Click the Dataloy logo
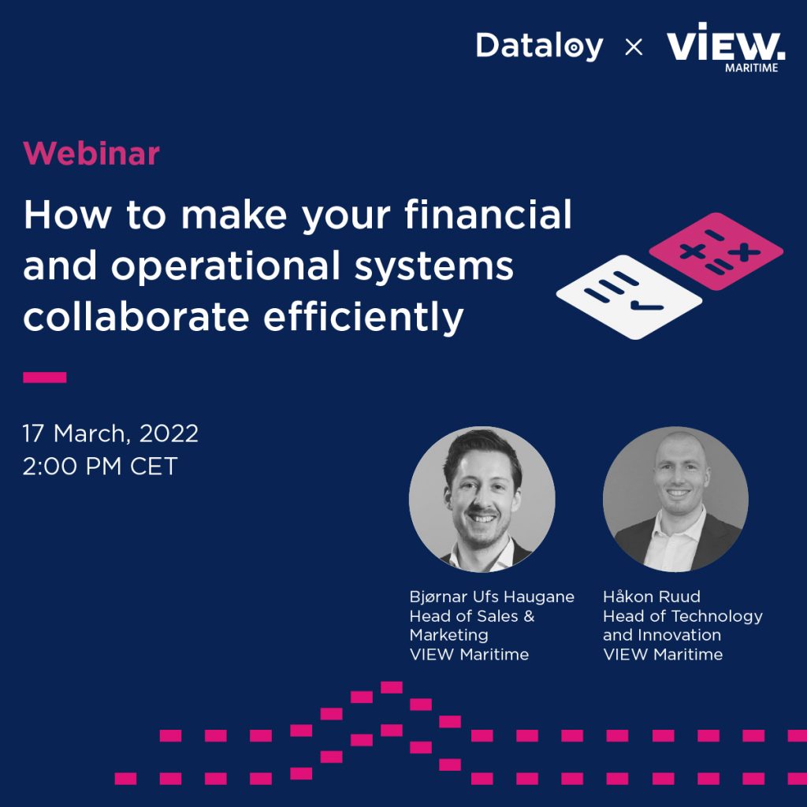point(539,46)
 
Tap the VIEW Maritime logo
point(726,47)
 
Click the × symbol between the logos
point(634,47)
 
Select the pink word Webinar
point(91,154)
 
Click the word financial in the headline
point(489,214)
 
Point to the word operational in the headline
point(226,267)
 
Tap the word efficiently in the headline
point(363,318)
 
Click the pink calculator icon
point(716,251)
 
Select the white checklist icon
point(629,297)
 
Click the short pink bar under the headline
point(45,377)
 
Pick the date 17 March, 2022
point(110,433)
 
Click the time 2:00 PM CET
point(100,467)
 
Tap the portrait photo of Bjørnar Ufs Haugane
point(482,499)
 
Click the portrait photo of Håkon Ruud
point(675,499)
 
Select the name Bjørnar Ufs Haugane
point(492,597)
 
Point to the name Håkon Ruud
point(652,597)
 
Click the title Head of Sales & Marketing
point(472,625)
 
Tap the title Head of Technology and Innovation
point(683,625)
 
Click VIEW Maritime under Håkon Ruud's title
point(663,655)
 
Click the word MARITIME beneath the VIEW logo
point(751,68)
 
